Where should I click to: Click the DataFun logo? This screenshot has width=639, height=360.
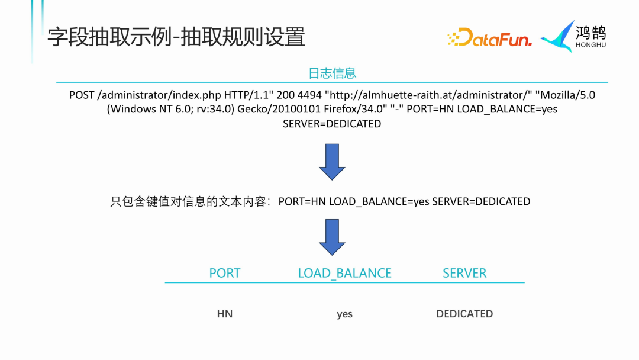click(x=489, y=38)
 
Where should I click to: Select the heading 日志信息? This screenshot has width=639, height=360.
click(x=332, y=73)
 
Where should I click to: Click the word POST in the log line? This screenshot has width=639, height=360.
click(x=82, y=95)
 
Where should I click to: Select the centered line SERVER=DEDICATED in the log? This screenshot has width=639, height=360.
click(x=332, y=124)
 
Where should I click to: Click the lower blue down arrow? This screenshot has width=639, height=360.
click(x=332, y=237)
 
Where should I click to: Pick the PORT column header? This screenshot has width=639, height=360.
click(x=225, y=273)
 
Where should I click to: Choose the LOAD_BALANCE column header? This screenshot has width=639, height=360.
click(x=344, y=273)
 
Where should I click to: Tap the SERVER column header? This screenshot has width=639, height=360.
click(x=464, y=273)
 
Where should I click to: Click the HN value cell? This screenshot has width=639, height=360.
click(x=225, y=314)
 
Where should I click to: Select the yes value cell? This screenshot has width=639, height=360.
click(x=344, y=314)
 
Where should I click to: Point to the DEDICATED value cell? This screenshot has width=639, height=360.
click(x=464, y=314)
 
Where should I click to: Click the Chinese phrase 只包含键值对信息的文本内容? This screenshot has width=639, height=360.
click(x=189, y=201)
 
